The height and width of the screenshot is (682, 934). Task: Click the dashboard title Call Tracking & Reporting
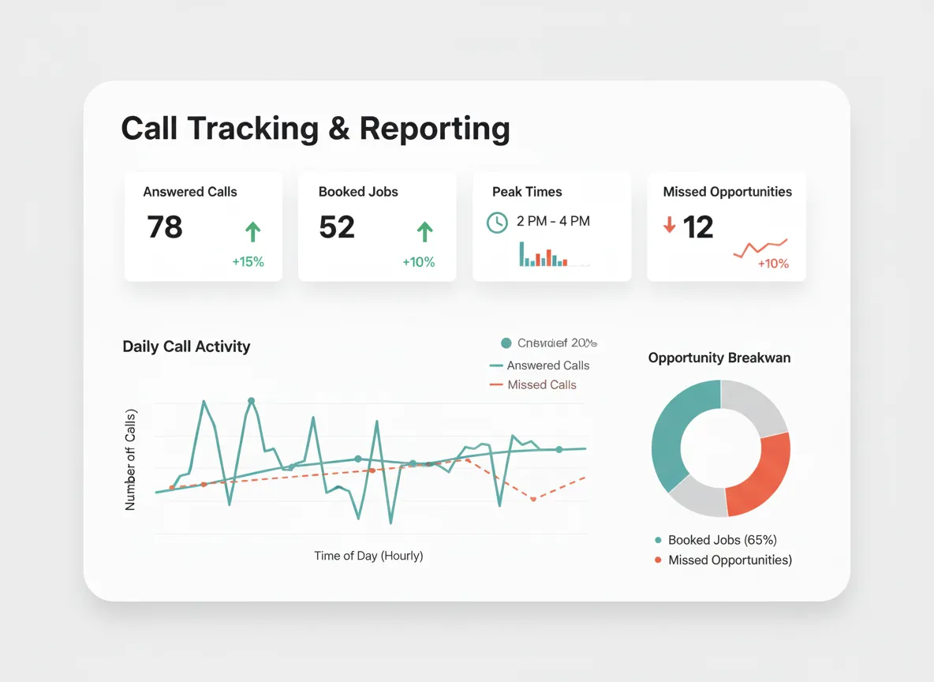pos(316,129)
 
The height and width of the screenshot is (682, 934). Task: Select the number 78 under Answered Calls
pos(165,227)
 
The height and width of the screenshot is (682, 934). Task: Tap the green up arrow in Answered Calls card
pos(252,231)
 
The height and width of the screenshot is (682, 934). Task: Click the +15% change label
pos(248,262)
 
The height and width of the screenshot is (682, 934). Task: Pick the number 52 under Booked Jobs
pos(337,227)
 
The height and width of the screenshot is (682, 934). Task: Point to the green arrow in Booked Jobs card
pos(424,231)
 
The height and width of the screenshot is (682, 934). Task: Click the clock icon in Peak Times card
pos(497,223)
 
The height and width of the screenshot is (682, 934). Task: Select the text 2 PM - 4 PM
pos(553,222)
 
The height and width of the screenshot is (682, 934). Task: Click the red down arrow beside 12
pos(670,226)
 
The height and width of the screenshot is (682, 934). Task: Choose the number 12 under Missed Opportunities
pos(698,227)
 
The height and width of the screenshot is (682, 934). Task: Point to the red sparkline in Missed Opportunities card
pos(760,249)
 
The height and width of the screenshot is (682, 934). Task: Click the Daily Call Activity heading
pos(186,347)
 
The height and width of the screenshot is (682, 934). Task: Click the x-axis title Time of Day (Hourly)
pos(368,556)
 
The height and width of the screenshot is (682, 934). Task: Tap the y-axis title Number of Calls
pos(131,459)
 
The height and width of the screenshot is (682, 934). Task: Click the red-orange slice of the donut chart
pos(761,474)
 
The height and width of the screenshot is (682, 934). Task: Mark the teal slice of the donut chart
pos(672,434)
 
